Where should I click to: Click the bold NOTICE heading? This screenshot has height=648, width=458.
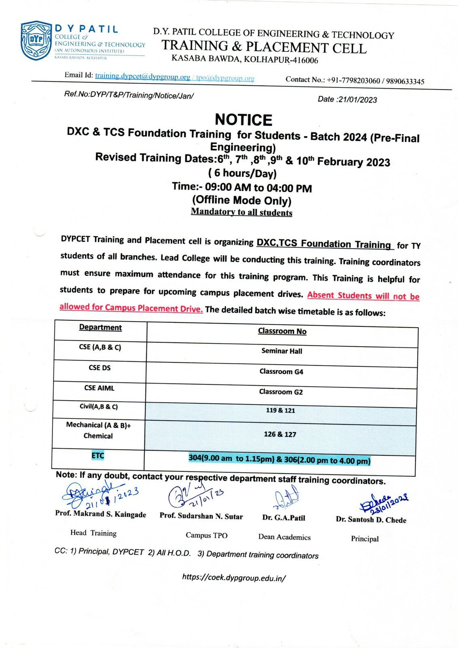coord(244,120)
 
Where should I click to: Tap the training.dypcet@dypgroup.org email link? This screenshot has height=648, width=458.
coord(142,76)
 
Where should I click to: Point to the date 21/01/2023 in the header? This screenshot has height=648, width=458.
coord(357,100)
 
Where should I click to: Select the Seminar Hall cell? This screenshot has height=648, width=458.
coord(282,351)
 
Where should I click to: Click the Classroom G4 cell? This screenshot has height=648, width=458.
coord(281,371)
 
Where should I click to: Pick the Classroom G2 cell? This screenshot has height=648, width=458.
coord(281,392)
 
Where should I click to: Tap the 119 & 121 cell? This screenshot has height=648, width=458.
coord(280,410)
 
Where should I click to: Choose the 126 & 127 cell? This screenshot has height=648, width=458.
coord(280,434)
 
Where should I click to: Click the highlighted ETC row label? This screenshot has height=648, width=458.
coord(98,456)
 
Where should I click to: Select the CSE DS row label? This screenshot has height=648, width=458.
coord(100,368)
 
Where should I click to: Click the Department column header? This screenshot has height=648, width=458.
coord(100,327)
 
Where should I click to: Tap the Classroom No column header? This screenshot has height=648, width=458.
coord(282,331)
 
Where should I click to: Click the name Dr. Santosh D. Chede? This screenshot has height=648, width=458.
coord(371,520)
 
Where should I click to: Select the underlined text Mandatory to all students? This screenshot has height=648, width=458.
coord(242,212)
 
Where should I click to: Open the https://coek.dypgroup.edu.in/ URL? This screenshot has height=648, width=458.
coord(234,578)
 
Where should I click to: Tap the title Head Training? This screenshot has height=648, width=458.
coord(93,533)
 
